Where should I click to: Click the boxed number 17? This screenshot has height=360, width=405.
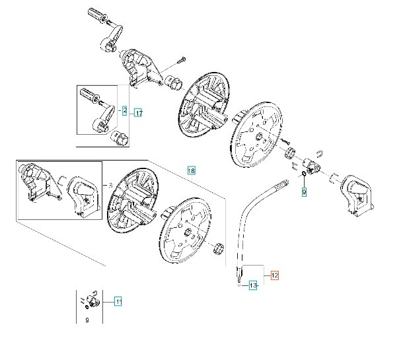click(138, 113)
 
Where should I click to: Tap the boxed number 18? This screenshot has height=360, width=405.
click(192, 170)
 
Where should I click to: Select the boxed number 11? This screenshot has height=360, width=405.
click(118, 303)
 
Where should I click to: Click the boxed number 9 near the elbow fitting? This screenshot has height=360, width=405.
click(305, 192)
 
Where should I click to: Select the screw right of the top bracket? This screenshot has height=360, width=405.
click(180, 61)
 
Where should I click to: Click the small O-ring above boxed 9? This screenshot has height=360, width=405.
click(303, 174)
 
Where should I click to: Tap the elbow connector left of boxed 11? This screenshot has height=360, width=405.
click(91, 301)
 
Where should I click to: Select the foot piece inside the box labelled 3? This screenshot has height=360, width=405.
click(81, 196)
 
